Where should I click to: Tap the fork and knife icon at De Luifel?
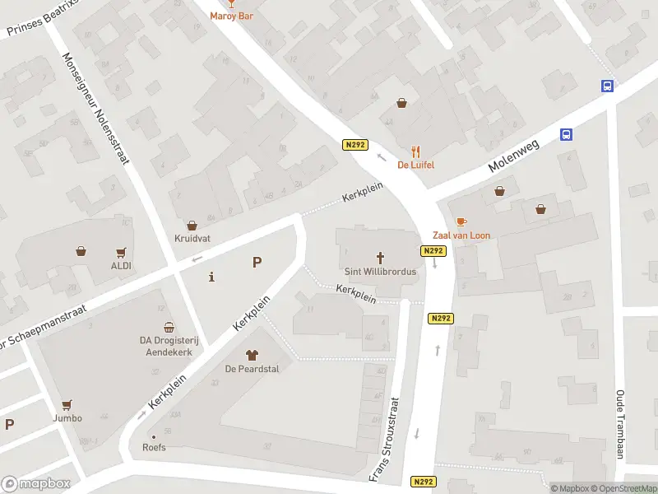(416, 151)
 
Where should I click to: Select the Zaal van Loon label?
(461, 235)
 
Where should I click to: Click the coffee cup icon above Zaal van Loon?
(461, 222)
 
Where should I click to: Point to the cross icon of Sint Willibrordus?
(381, 258)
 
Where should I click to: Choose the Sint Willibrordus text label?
(381, 271)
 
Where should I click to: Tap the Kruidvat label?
(192, 239)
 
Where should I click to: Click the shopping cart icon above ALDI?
(122, 253)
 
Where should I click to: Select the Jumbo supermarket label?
(67, 417)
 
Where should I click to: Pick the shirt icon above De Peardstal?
(252, 356)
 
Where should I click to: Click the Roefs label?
(154, 448)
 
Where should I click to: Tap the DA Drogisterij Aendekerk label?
(169, 345)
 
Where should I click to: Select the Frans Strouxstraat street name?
(385, 440)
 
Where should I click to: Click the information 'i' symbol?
(212, 277)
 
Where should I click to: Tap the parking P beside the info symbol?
(257, 263)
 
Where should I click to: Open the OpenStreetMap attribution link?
(622, 488)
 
